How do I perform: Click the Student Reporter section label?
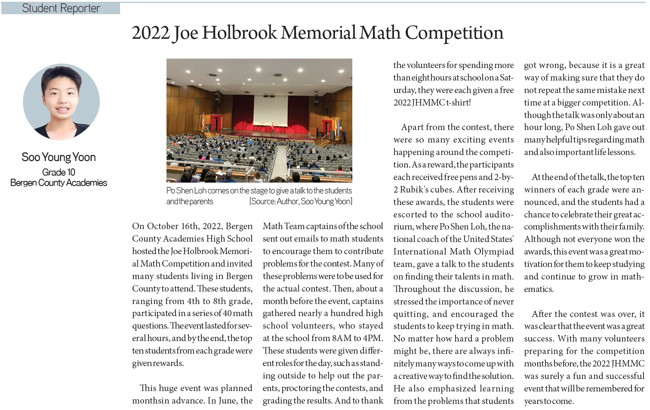point(61,8)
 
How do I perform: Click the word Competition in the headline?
point(454,33)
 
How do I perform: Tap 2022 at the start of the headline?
point(151,33)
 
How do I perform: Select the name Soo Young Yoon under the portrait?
point(59,157)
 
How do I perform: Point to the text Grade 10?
point(59,172)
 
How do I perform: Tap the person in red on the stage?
point(272,128)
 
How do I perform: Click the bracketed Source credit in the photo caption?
point(301,202)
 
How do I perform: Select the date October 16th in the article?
point(173,226)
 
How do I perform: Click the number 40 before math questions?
point(228,314)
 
